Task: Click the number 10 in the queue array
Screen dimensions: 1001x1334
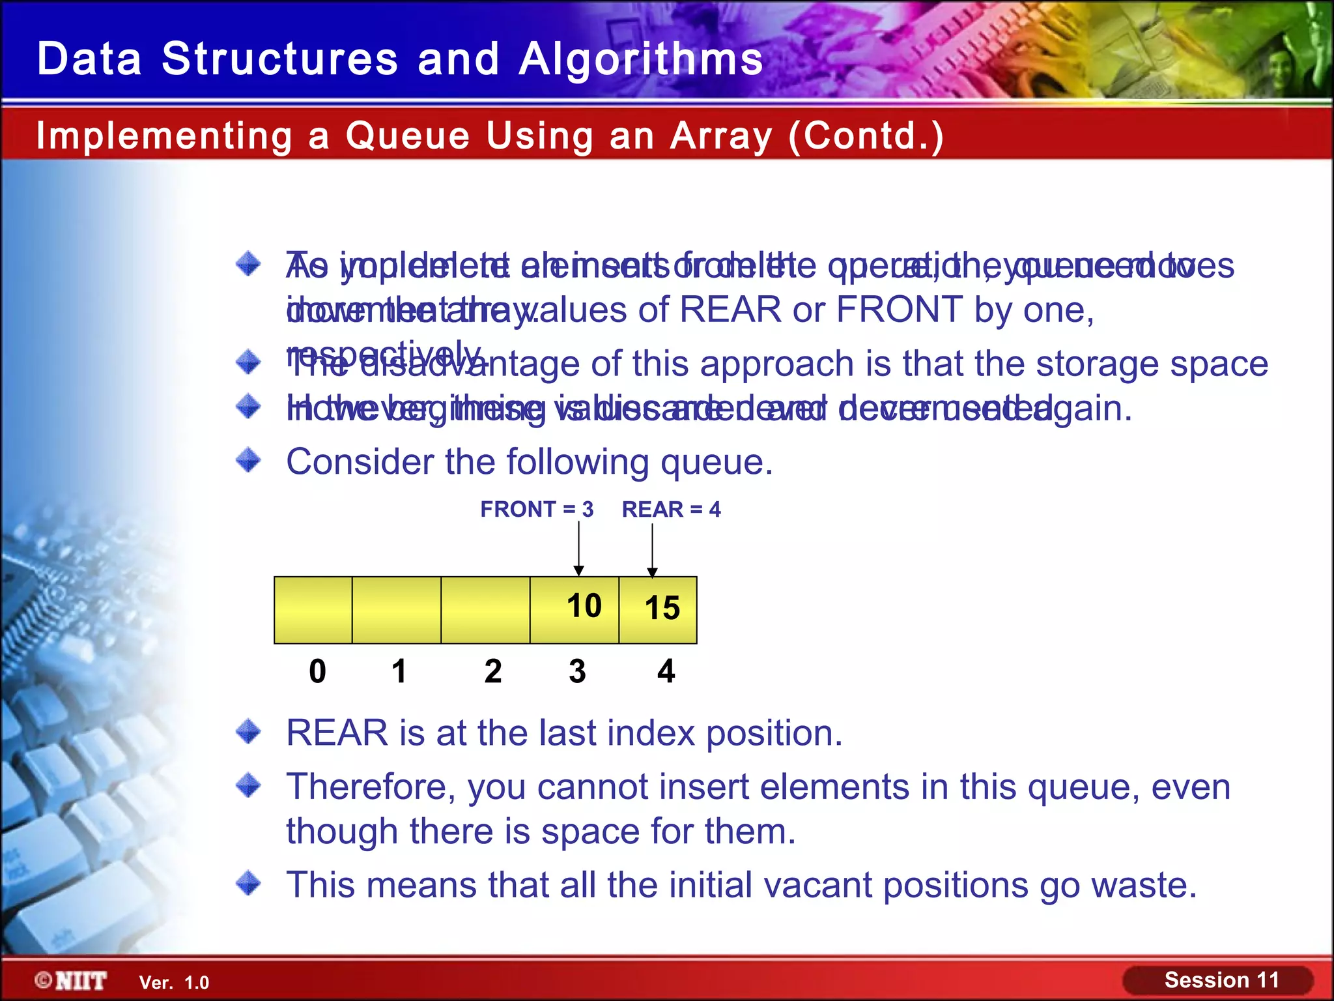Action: [x=584, y=606]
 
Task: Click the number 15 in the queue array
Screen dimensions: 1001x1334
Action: [x=662, y=608]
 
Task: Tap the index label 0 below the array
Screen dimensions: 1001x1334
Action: [x=317, y=671]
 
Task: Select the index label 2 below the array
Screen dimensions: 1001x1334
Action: [x=493, y=671]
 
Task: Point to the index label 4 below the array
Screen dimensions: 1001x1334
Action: [x=666, y=671]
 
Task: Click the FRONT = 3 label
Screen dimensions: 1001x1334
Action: [x=537, y=509]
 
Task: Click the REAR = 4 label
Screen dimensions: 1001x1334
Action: [x=671, y=509]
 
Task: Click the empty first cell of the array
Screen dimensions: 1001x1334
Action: [x=313, y=610]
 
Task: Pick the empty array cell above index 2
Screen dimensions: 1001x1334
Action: [x=485, y=610]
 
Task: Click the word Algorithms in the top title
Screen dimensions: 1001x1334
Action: [x=641, y=59]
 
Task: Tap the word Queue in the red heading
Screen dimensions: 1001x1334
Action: [x=407, y=136]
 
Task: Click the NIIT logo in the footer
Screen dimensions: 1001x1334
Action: [x=72, y=981]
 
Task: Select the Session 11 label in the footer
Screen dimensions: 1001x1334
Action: [x=1221, y=980]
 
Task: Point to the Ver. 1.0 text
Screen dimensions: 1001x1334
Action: [x=174, y=983]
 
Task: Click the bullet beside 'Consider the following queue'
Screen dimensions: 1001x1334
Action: [x=248, y=460]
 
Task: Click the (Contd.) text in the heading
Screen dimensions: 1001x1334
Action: [x=866, y=136]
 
